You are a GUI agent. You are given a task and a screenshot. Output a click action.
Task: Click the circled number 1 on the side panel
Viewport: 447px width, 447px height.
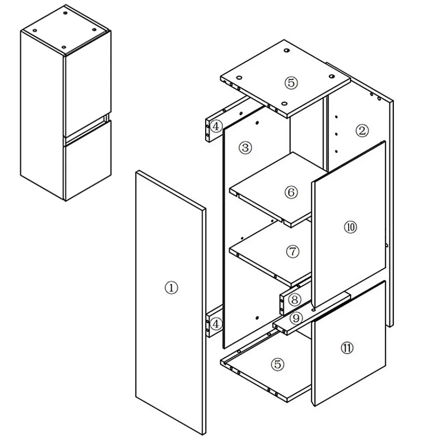[x=171, y=287]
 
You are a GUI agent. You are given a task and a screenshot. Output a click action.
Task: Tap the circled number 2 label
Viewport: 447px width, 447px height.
[x=362, y=131]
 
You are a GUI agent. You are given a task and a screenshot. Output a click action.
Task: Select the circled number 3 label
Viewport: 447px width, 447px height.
[x=245, y=148]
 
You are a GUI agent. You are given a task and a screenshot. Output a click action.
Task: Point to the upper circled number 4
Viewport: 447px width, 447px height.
[x=216, y=126]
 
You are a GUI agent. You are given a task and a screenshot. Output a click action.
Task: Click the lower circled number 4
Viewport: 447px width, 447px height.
[x=216, y=324]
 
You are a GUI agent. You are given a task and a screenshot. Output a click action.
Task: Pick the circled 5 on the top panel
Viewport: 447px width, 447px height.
[x=291, y=83]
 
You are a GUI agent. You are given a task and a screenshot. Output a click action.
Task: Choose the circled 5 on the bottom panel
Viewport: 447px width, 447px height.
[x=278, y=364]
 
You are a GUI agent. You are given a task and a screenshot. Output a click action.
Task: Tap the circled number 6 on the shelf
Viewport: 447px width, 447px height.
[x=291, y=192]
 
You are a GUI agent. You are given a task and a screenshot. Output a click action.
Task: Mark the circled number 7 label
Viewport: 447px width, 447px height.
[x=292, y=252]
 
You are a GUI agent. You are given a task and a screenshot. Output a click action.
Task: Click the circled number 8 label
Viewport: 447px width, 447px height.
[x=295, y=299]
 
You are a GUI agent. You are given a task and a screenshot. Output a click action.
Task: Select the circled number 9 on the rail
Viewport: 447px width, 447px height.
[x=296, y=318]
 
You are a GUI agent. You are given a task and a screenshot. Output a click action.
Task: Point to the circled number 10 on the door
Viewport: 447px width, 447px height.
[x=350, y=227]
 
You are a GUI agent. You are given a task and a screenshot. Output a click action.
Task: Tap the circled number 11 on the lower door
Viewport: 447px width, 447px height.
[x=347, y=348]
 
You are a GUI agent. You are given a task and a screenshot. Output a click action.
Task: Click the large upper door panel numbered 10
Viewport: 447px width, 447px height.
[x=349, y=224]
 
